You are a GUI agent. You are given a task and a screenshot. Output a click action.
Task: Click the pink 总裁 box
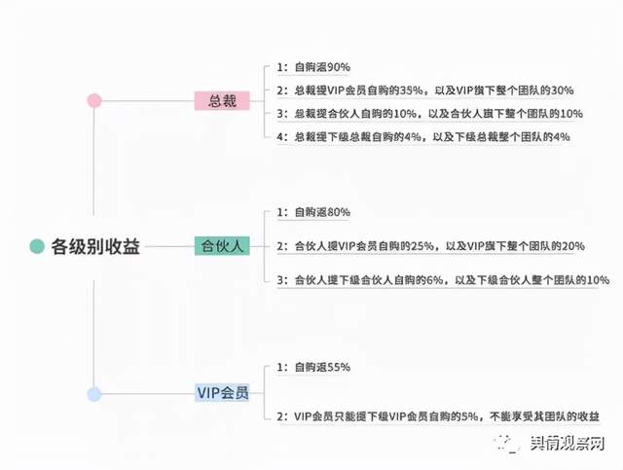(222, 100)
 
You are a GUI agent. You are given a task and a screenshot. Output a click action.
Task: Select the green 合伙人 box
(222, 245)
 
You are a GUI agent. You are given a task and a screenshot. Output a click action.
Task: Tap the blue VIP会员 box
(222, 393)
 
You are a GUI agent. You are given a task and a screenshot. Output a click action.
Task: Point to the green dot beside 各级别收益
(36, 247)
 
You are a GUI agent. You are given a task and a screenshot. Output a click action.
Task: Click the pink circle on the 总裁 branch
(94, 100)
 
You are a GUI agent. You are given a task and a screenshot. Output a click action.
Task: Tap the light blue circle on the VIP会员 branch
(93, 394)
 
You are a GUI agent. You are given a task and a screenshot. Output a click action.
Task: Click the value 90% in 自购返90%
(338, 67)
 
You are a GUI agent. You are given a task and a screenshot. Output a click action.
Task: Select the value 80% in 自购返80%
(338, 212)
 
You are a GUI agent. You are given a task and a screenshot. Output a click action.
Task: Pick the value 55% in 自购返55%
(338, 367)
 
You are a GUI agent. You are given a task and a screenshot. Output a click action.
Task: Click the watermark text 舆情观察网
(575, 444)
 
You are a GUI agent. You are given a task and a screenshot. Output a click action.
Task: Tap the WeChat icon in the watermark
(510, 444)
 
